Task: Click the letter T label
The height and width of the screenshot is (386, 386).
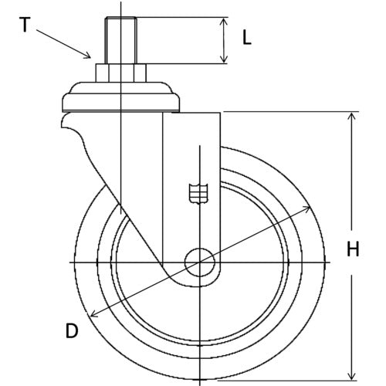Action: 25,25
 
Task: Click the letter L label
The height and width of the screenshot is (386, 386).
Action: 247,39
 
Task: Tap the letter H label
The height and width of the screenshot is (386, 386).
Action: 353,249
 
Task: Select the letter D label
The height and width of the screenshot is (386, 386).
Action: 72,332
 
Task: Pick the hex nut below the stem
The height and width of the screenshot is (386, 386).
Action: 120,73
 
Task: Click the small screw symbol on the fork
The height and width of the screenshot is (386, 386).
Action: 198,193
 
